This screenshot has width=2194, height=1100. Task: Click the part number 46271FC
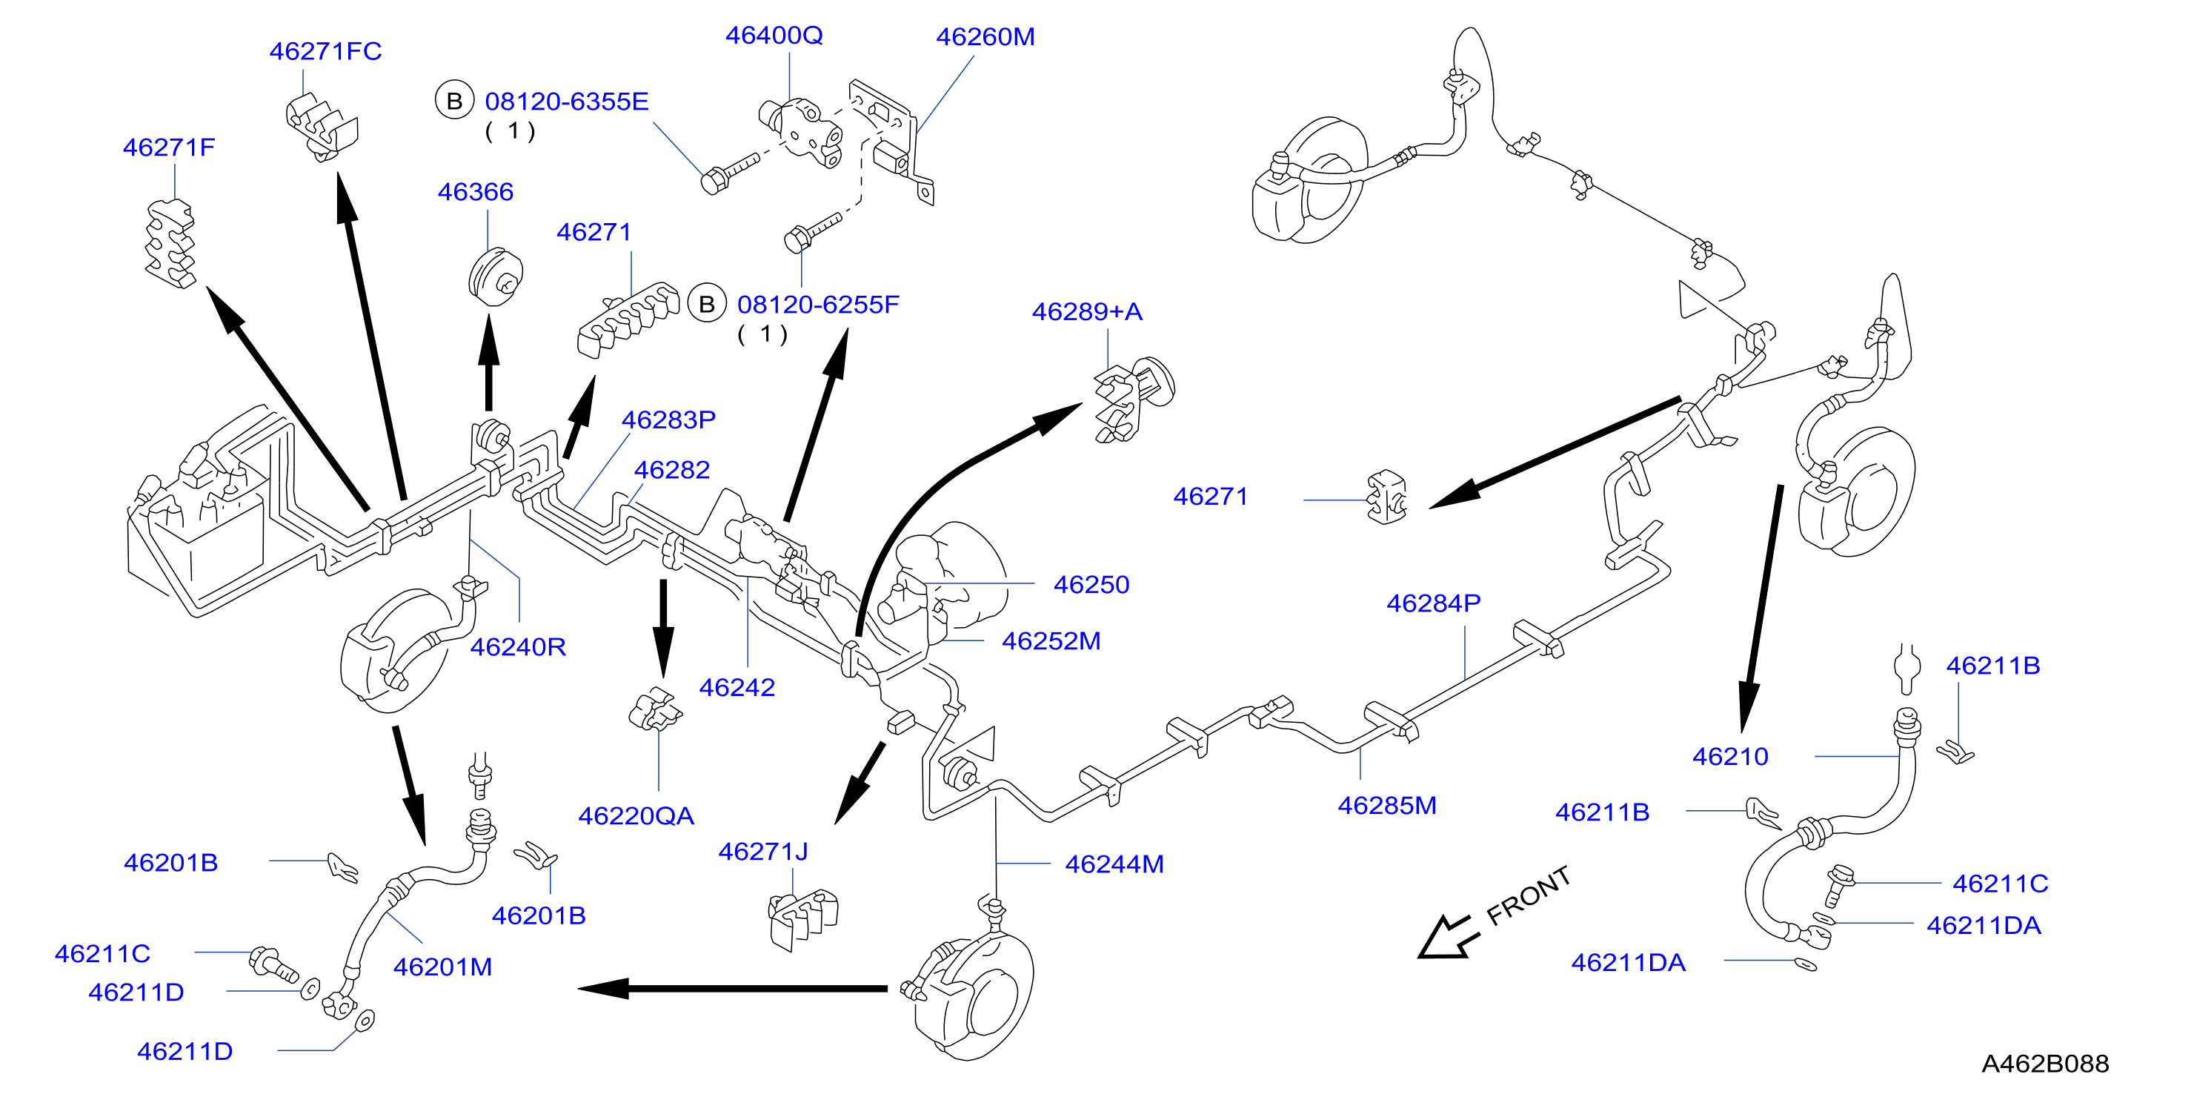[325, 51]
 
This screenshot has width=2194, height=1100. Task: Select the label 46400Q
[774, 35]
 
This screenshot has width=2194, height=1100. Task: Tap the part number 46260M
[985, 36]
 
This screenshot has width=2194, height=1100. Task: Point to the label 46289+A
[1087, 312]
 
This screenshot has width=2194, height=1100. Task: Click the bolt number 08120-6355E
[566, 102]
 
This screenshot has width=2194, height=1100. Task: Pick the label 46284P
[1434, 603]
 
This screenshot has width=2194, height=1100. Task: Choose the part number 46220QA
[636, 816]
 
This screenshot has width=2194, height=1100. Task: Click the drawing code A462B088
[2045, 1064]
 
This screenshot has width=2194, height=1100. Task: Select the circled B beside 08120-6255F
[707, 304]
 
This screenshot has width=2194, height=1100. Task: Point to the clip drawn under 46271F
[171, 245]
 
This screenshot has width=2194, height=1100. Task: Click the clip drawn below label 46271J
[803, 918]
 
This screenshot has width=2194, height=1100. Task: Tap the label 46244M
[1114, 864]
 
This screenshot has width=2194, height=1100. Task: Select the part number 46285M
[1386, 805]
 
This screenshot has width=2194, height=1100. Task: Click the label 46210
[1730, 757]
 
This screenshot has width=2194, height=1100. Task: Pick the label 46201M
[442, 967]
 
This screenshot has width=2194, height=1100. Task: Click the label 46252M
[1051, 640]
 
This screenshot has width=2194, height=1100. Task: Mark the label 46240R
[518, 646]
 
